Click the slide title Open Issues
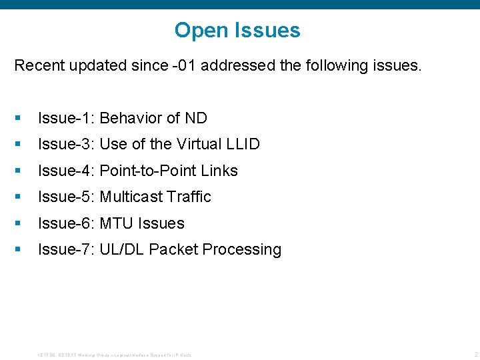(x=237, y=30)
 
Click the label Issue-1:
(x=67, y=118)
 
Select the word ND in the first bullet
(x=196, y=118)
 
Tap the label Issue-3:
(x=67, y=144)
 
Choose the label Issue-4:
(x=67, y=171)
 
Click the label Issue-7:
(x=67, y=249)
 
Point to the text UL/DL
(x=122, y=249)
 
